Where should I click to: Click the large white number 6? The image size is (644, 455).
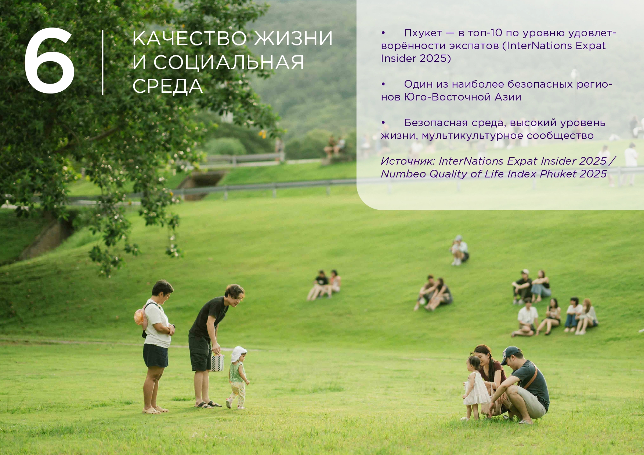pos(50,60)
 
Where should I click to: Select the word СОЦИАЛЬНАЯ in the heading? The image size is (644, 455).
pos(229,62)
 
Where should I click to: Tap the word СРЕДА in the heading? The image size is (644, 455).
pos(167,86)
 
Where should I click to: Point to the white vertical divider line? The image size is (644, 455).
pos(102,62)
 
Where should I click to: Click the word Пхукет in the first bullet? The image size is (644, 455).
pos(423,33)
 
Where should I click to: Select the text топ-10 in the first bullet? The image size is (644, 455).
pos(485,33)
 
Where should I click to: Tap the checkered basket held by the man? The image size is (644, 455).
pos(217,363)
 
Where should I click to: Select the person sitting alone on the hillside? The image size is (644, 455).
pos(459,250)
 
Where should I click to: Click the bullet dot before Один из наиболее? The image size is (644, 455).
pos(383,84)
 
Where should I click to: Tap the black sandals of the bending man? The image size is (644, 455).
pos(208,405)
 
